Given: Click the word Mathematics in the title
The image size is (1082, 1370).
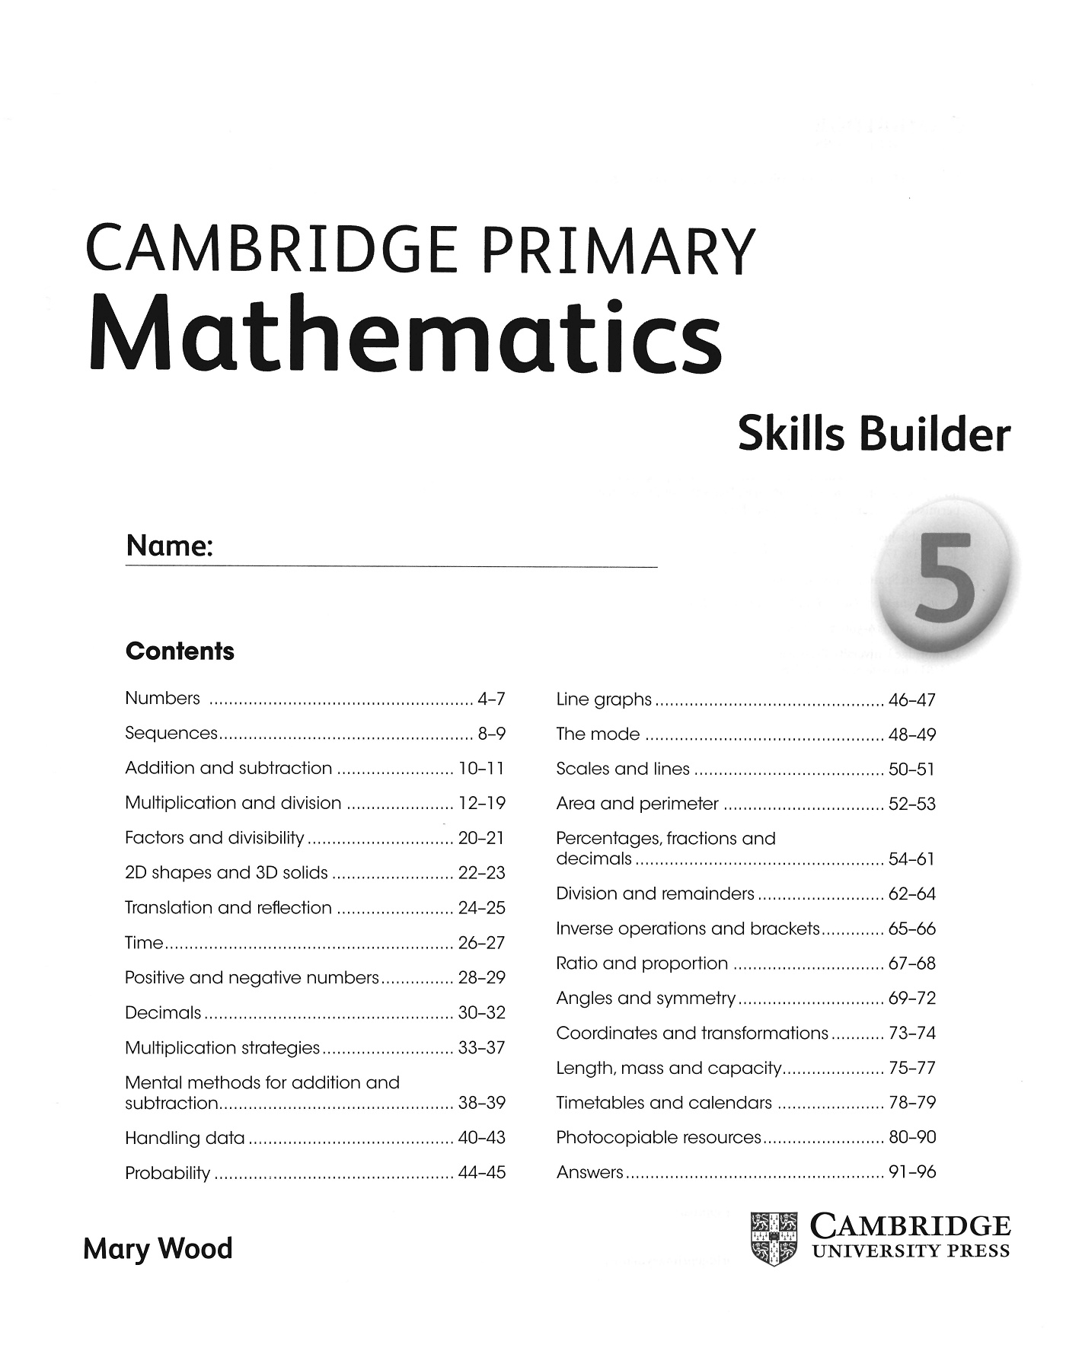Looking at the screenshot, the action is coord(405,335).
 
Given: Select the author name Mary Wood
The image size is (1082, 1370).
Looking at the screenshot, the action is coord(158,1250).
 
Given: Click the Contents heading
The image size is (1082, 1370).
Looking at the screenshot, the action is coord(180,652).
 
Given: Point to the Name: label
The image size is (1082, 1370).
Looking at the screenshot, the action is coord(169,546).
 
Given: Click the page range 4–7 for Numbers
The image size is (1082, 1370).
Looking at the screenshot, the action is coord(491,699).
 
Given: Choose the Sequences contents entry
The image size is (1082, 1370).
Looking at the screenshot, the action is coord(171,733).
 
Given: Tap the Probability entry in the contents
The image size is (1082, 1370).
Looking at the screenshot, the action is coord(168,1173).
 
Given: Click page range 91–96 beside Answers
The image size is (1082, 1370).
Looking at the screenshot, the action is coord(912,1172).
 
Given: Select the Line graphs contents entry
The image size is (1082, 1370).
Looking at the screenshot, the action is coord(604,699).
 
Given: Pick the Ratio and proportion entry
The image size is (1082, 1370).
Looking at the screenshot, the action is coord(642,964).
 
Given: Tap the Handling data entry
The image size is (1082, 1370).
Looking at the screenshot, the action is coord(185,1138).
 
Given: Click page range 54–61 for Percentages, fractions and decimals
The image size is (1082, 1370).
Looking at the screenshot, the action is coord(912,859).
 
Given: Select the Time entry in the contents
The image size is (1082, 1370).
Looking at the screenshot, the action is coord(144,943).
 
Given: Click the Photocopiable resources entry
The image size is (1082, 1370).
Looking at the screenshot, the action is coord(659,1137).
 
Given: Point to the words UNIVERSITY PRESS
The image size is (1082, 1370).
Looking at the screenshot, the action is coord(911,1251).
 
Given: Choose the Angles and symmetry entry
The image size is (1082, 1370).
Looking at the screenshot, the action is coord(646,998).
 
